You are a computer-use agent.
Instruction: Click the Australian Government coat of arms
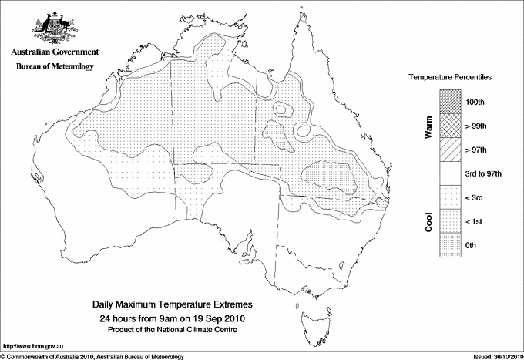[54, 27]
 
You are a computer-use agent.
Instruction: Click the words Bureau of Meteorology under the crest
[55, 66]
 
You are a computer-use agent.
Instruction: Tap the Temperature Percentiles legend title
[450, 78]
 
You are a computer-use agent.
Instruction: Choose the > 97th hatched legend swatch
[449, 149]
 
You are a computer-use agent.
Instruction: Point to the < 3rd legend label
[476, 197]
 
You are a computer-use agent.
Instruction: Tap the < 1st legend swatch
[449, 221]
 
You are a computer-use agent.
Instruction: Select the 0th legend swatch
[449, 245]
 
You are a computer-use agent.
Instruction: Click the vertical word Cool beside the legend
[428, 221]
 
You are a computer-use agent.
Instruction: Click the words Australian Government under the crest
[55, 52]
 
